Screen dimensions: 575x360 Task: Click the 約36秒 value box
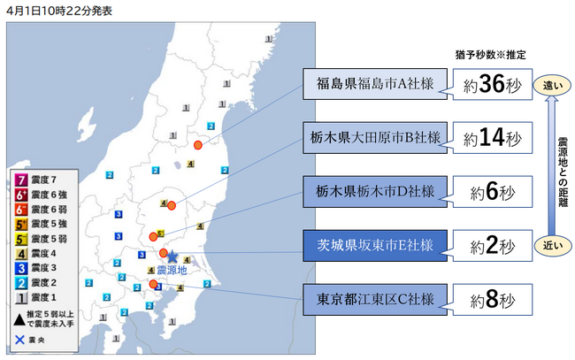[492, 87]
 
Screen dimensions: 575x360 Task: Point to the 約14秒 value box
[492, 138]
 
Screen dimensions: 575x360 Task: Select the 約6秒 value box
[492, 191]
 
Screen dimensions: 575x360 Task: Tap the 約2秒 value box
[492, 244]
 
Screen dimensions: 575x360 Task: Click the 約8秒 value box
[492, 300]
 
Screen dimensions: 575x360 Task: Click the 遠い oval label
[551, 86]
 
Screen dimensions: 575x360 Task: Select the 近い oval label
[551, 244]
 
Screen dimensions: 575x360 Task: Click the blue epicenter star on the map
[172, 257]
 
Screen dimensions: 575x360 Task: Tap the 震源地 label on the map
[173, 269]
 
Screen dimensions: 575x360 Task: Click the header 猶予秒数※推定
[491, 55]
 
